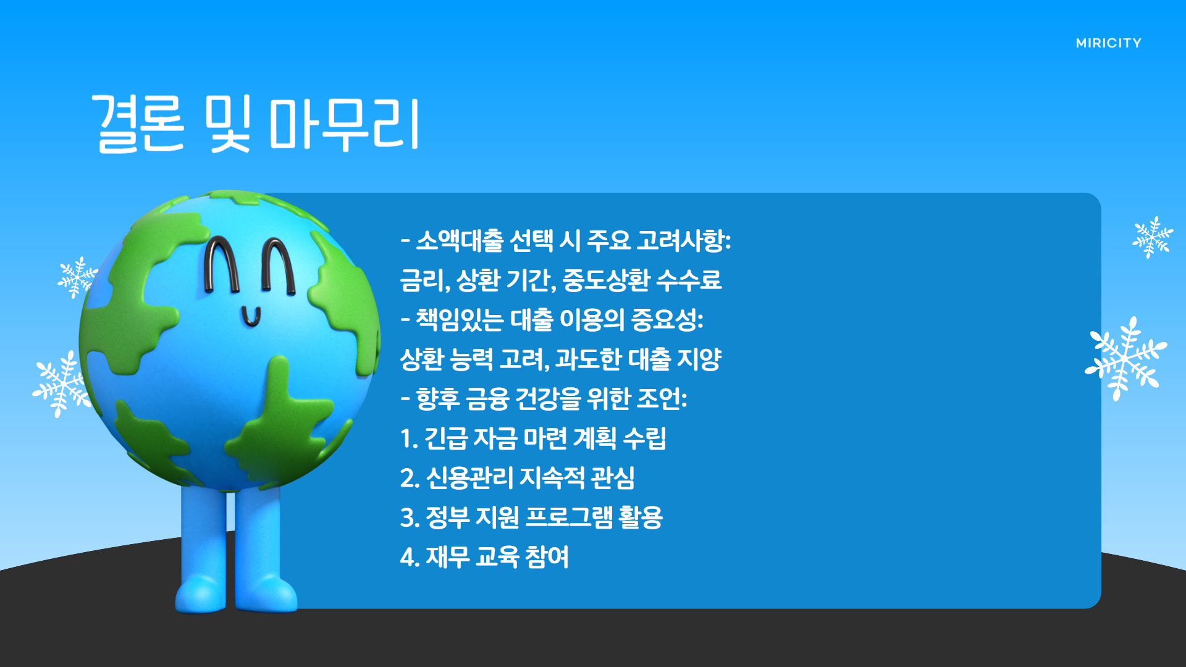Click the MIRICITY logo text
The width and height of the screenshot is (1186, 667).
[1108, 43]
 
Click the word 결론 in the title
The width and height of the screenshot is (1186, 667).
[138, 124]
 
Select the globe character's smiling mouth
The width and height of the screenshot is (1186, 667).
[251, 316]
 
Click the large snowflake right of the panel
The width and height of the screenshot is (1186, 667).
[1125, 359]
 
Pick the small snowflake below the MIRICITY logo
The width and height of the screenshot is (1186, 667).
[1152, 237]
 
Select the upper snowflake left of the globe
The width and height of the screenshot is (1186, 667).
[77, 277]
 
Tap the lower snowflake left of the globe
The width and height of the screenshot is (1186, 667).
[61, 384]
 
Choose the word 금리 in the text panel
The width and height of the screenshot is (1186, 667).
[424, 280]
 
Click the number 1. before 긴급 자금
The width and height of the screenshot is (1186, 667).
[409, 439]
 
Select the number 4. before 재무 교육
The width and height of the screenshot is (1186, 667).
[410, 558]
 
